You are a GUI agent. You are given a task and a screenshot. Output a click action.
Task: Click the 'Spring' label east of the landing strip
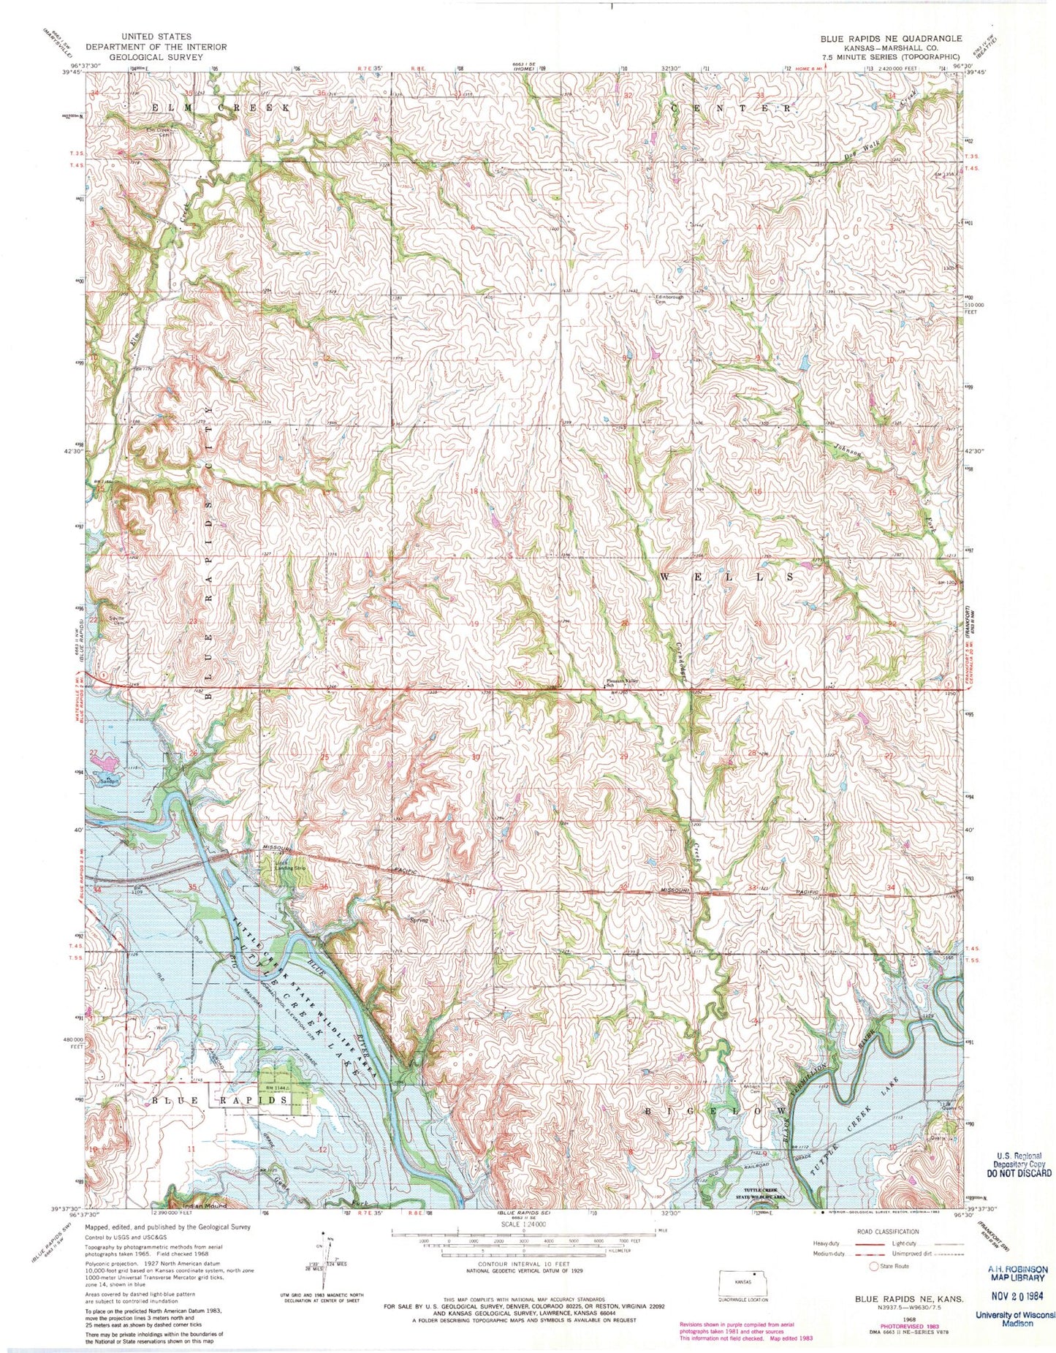click(419, 920)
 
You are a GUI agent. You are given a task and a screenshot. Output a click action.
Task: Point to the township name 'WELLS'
click(727, 577)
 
